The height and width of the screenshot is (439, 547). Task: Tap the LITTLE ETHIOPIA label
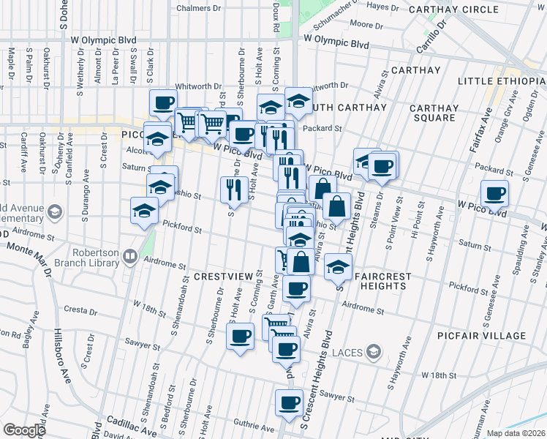(501, 80)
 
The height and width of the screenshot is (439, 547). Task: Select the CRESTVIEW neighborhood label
(223, 277)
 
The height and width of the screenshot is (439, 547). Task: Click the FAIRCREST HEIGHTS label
(382, 277)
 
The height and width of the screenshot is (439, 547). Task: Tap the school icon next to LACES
(374, 353)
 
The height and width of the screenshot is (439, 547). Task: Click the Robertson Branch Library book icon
(129, 256)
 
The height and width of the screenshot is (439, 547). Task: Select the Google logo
(24, 429)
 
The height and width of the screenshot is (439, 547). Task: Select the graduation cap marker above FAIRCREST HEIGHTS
(336, 267)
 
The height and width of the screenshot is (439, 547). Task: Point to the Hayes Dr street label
(382, 7)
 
